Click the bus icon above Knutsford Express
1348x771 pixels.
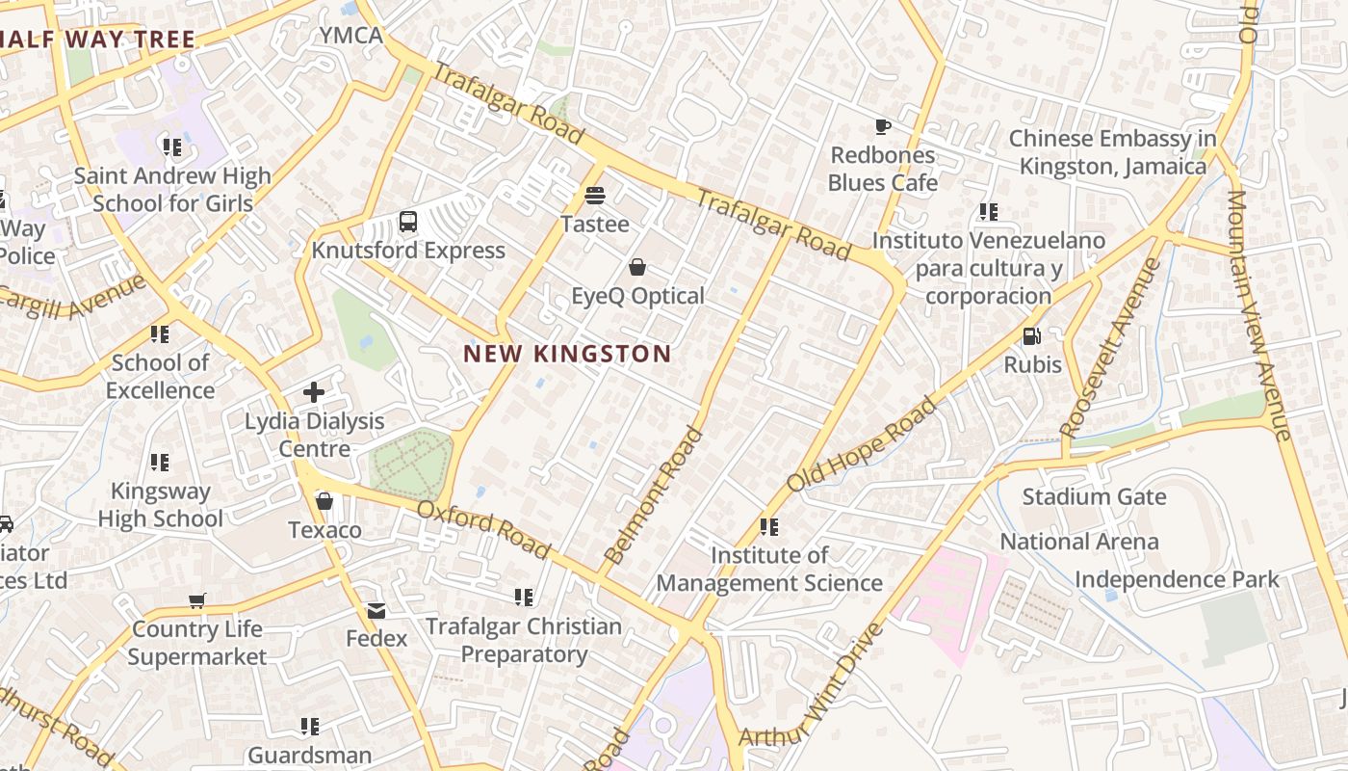[408, 222]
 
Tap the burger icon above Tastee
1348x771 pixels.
[595, 196]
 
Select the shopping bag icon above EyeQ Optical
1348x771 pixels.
[637, 267]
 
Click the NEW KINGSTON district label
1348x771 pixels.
[567, 354]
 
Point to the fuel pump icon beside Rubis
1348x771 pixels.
[1031, 336]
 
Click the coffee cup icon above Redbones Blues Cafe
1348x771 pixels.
[882, 126]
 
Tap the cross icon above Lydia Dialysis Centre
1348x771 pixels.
[314, 392]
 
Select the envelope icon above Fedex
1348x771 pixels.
[376, 610]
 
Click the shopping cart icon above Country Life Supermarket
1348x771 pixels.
[197, 601]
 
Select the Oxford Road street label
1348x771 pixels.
[484, 529]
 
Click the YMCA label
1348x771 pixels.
[351, 36]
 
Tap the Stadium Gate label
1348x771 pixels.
[1094, 497]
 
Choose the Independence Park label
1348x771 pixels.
[1177, 579]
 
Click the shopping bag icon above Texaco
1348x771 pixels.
[324, 502]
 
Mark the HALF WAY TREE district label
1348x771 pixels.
[97, 40]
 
